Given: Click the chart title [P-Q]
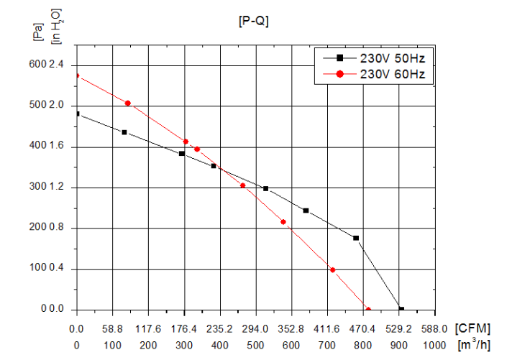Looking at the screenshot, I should pos(253,22).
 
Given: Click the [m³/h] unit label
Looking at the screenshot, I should pos(475,345).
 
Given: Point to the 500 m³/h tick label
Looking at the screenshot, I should pos(256,345).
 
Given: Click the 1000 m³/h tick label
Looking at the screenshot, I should pos(434,345).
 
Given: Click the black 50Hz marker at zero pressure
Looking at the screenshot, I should pos(401,310).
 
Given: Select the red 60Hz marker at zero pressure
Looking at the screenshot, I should pos(368,310).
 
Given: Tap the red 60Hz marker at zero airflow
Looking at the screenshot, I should pos(77,75).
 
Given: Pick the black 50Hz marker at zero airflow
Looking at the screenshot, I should pos(77,114).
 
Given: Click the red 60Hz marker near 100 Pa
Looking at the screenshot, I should pos(332,270).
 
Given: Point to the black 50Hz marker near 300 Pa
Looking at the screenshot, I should pos(265,189).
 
